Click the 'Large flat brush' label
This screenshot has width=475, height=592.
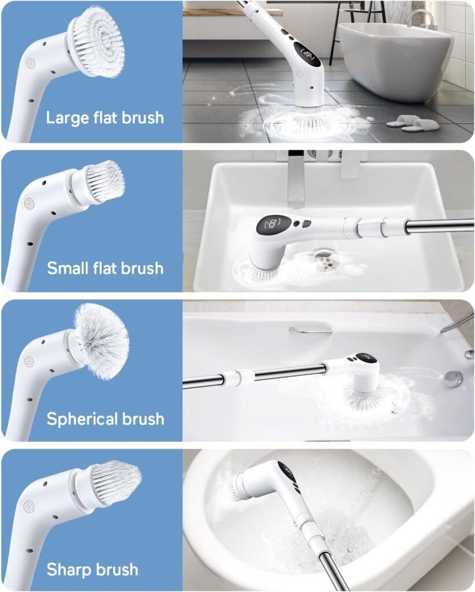pos(105,118)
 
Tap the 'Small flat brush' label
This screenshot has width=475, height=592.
pos(105,268)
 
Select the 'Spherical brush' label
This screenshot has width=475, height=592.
pos(105,419)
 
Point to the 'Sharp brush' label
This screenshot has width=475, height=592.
pos(93,569)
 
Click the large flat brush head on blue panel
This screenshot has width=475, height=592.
pos(95,33)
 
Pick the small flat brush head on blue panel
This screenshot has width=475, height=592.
pos(105,181)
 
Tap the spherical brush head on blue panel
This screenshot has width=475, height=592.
pos(101,341)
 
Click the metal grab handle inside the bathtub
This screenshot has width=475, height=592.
pos(310,330)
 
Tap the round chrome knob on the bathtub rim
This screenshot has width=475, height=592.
pos(453,379)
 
